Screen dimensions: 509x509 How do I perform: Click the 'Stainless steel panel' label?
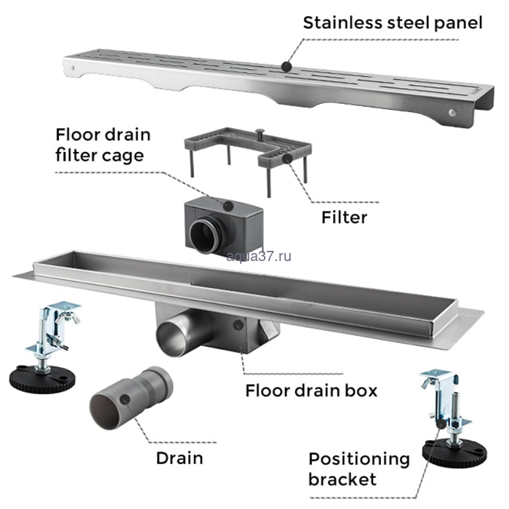click(x=392, y=23)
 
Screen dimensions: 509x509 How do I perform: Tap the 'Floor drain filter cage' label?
click(x=103, y=145)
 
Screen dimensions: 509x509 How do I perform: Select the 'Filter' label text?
click(x=344, y=217)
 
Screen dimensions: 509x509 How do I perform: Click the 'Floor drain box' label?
click(x=311, y=390)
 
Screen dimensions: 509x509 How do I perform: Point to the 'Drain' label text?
click(x=179, y=458)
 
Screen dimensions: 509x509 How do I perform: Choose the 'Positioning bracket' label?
click(x=358, y=469)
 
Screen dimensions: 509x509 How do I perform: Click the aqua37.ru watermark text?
click(x=259, y=255)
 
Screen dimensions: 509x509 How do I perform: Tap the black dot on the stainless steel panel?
click(x=287, y=66)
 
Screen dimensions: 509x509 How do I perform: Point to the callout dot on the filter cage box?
click(x=230, y=205)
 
